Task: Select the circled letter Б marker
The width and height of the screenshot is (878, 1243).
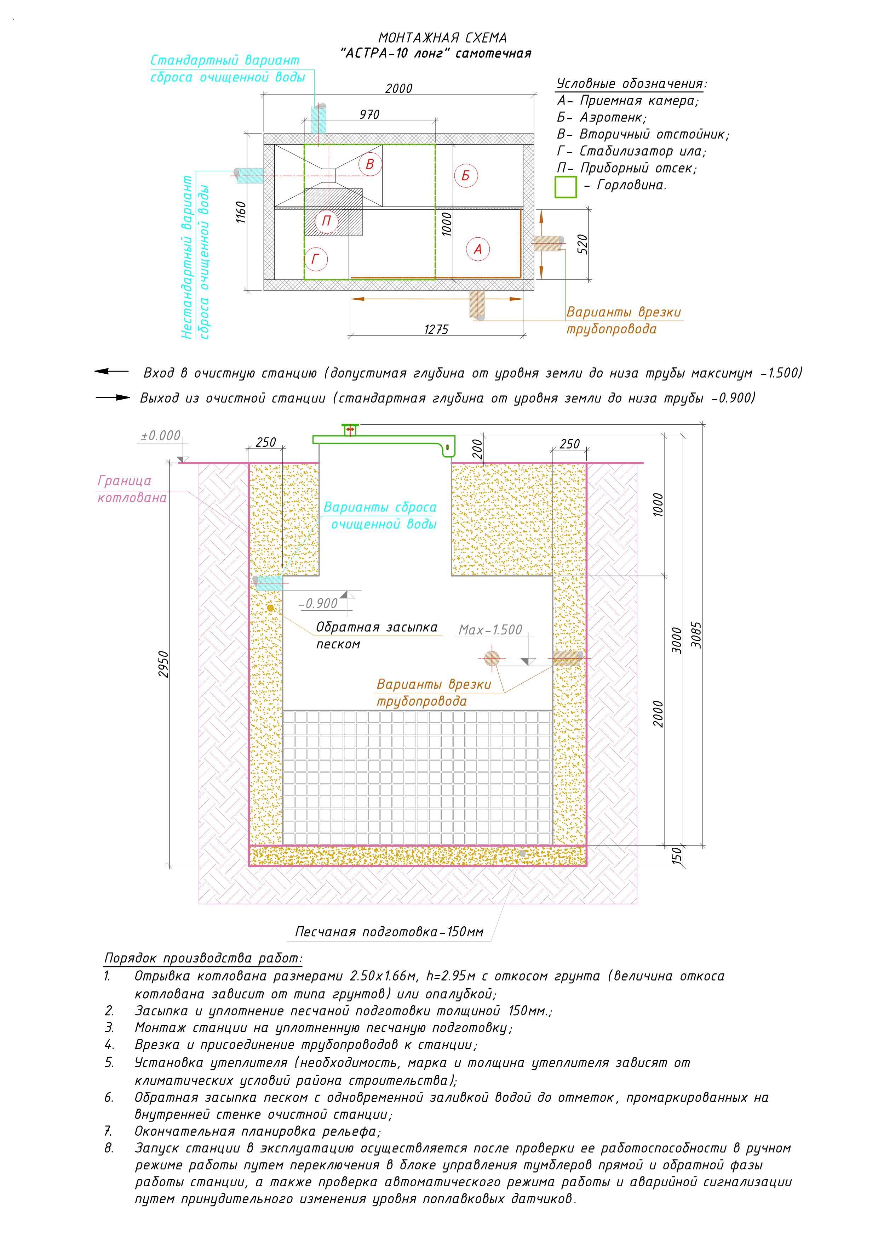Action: click(x=465, y=176)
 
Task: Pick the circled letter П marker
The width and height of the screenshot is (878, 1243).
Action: click(x=326, y=221)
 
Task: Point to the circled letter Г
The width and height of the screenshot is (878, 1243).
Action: click(x=315, y=259)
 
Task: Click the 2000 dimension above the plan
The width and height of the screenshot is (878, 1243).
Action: click(x=399, y=88)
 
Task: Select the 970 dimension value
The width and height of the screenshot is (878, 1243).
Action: click(x=369, y=115)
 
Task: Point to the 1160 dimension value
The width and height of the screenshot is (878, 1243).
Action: click(x=241, y=212)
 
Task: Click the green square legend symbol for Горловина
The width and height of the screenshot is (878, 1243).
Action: click(x=566, y=187)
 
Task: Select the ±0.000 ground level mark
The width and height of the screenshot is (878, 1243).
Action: click(x=161, y=436)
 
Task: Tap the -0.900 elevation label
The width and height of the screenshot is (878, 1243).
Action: click(x=319, y=603)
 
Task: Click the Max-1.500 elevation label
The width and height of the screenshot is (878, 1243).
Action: click(x=490, y=629)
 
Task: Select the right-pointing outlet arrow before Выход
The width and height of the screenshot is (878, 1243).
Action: click(x=113, y=398)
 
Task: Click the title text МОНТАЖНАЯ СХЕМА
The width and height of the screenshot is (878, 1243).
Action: click(x=442, y=38)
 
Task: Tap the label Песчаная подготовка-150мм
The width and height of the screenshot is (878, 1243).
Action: click(x=389, y=932)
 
